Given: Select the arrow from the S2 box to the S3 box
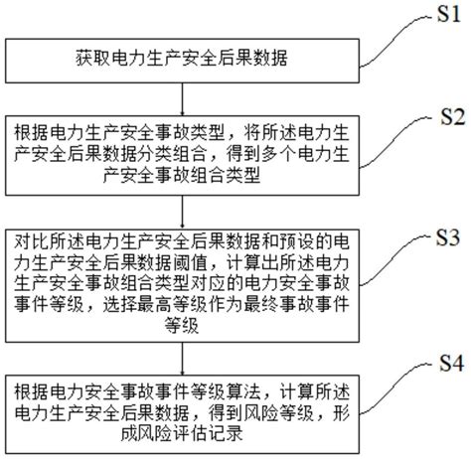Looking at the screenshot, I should [181, 213].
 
